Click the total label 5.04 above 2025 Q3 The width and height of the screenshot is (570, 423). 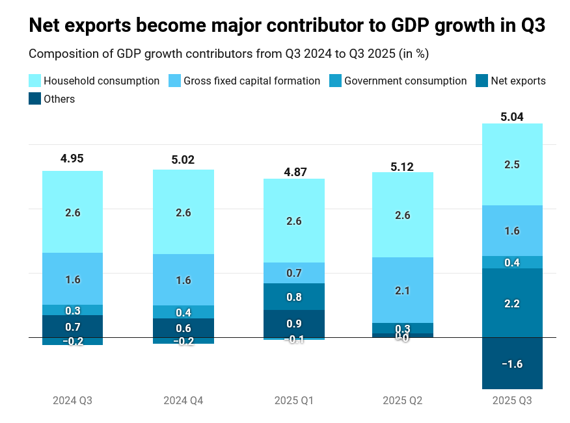[512, 117]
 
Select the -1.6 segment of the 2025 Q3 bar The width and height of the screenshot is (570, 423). [512, 363]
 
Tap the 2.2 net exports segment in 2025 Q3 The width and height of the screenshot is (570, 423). [512, 303]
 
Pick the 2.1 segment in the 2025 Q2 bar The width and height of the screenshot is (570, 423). [402, 290]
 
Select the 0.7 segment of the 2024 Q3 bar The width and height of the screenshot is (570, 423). [72, 326]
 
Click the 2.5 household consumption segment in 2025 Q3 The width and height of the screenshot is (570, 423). [512, 164]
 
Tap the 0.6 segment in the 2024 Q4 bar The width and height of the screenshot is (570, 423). [183, 328]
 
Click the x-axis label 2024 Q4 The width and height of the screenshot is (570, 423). [183, 401]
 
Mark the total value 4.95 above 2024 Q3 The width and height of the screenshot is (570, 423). [72, 159]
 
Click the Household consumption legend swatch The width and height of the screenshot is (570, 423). [35, 81]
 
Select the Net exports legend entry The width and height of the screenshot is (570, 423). [518, 81]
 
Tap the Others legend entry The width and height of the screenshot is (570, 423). [59, 99]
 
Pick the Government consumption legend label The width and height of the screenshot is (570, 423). [405, 81]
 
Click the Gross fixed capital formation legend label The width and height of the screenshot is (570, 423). [251, 81]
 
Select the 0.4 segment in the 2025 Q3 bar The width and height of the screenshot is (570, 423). [512, 263]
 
